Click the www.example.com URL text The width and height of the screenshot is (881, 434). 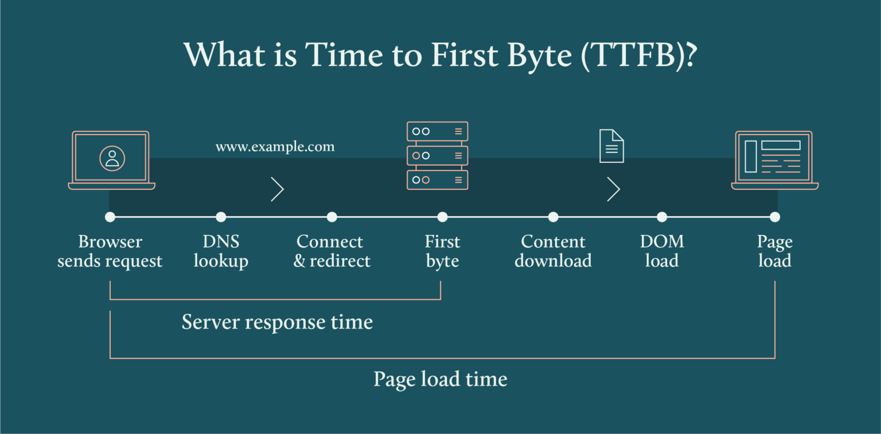click(275, 147)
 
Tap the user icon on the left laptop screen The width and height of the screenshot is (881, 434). click(112, 158)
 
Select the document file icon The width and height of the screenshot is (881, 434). click(611, 146)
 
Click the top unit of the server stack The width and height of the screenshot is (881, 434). click(437, 131)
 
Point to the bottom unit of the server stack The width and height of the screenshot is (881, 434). click(437, 179)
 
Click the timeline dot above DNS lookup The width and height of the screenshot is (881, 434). click(221, 217)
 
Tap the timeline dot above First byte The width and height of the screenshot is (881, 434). click(442, 217)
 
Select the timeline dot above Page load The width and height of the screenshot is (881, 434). click(775, 217)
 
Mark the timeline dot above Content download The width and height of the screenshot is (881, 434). click(553, 217)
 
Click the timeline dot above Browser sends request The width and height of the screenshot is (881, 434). click(110, 217)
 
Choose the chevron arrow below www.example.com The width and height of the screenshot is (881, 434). click(277, 189)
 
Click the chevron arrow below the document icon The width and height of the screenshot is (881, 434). click(613, 189)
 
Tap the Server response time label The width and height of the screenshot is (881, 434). click(277, 322)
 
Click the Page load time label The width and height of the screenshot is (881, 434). click(440, 379)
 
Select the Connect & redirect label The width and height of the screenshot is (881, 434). click(332, 251)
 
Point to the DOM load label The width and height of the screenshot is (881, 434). click(662, 251)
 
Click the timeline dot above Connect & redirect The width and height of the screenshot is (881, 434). click(332, 217)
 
